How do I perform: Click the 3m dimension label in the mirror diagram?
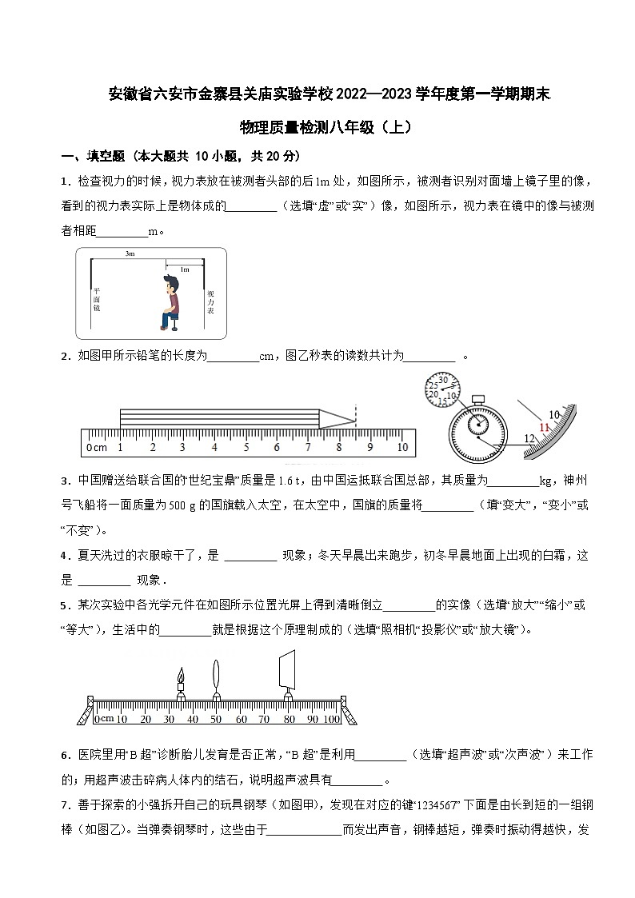pos(130,253)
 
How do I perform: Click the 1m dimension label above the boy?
pos(185,269)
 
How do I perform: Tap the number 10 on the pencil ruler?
pos(401,448)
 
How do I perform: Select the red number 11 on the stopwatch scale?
pos(544,428)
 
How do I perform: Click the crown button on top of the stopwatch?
pos(478,398)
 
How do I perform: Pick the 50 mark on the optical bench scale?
pos(216,720)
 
